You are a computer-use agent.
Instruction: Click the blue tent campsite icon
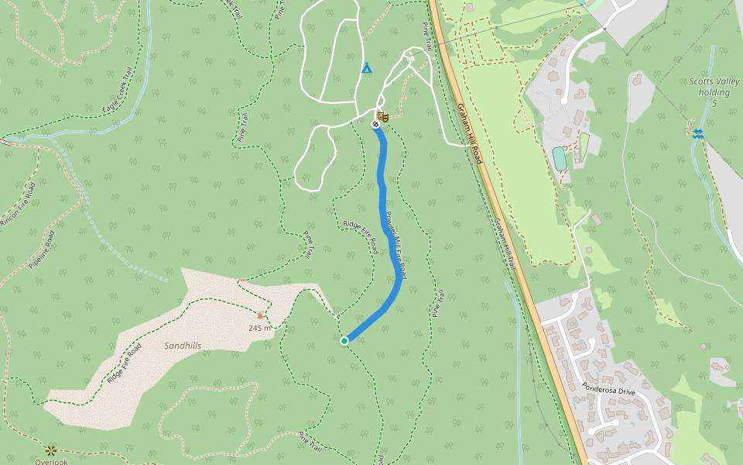coord(367,68)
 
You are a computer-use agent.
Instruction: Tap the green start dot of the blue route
coord(344,340)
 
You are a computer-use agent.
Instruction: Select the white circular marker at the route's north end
coord(375,124)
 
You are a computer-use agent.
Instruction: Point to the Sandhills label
coord(183,346)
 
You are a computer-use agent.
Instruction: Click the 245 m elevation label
coord(261,328)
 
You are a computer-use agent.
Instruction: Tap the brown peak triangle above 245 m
coord(261,315)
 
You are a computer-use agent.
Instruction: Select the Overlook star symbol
coord(52,449)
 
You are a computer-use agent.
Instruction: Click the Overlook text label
coord(51,462)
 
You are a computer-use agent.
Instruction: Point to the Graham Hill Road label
coord(469,133)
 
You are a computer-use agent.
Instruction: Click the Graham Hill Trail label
coord(505,243)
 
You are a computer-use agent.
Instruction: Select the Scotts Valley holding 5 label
coord(714,91)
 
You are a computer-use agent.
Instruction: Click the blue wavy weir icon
coord(699,133)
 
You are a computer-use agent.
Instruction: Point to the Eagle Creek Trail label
coord(118,89)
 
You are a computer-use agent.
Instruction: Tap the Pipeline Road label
coord(42,250)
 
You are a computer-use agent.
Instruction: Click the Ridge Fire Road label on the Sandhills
coord(125,363)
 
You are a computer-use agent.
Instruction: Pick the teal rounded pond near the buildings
coord(559,158)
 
